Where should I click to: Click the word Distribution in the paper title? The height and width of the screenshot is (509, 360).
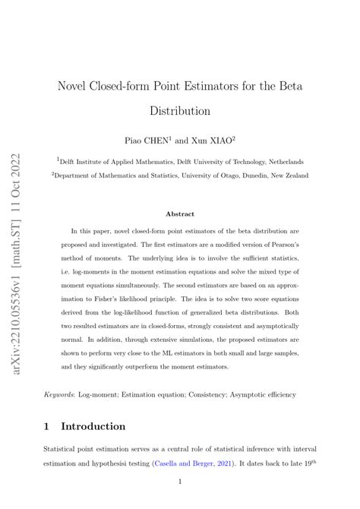[x=180, y=111]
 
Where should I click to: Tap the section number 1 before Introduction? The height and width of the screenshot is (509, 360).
[x=48, y=426]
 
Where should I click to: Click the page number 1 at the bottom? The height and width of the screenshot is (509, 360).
[x=180, y=482]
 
